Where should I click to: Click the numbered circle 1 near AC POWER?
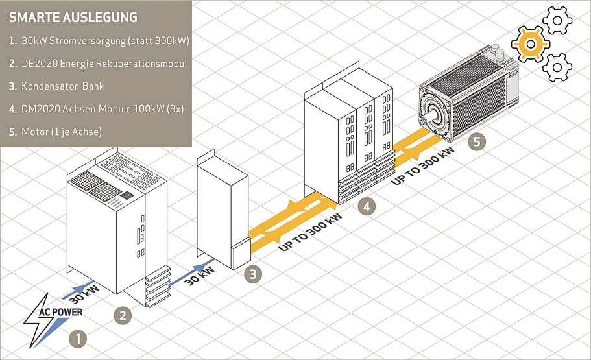(x=77, y=338)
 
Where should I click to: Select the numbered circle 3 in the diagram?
(x=252, y=274)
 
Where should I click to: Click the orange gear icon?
(x=531, y=43)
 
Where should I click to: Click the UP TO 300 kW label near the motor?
(x=424, y=165)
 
